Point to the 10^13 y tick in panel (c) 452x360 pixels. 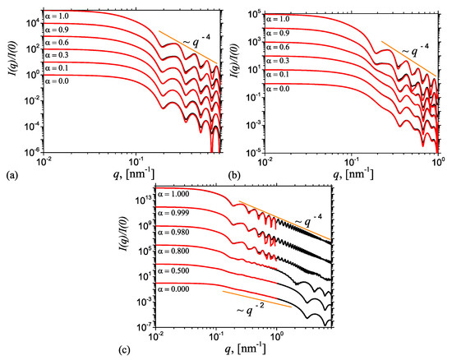point(143,199)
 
